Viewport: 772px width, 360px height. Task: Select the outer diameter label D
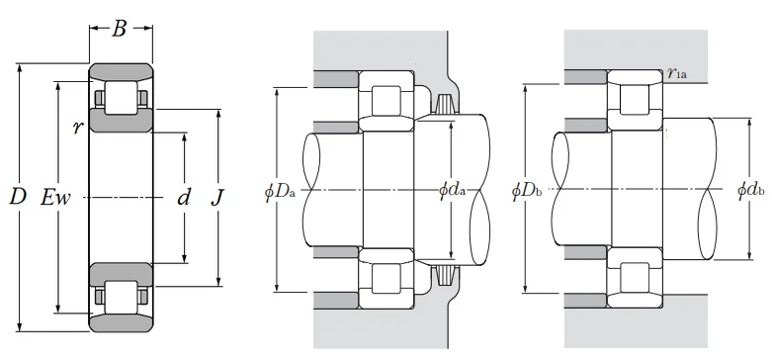click(17, 198)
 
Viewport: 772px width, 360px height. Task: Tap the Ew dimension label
click(56, 198)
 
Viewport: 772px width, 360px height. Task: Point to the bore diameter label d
click(183, 198)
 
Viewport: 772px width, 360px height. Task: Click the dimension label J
click(218, 198)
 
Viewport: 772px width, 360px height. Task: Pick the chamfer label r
click(77, 127)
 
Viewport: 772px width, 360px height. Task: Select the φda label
click(452, 189)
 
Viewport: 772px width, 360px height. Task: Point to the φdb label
click(751, 189)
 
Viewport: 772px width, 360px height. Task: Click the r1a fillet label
click(676, 73)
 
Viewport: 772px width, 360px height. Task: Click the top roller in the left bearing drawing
click(121, 97)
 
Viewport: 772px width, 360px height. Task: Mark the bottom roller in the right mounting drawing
click(633, 276)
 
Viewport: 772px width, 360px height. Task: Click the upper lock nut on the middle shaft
click(442, 103)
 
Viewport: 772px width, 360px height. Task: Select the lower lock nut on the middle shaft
click(442, 274)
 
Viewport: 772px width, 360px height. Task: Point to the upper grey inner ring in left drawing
click(121, 121)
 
